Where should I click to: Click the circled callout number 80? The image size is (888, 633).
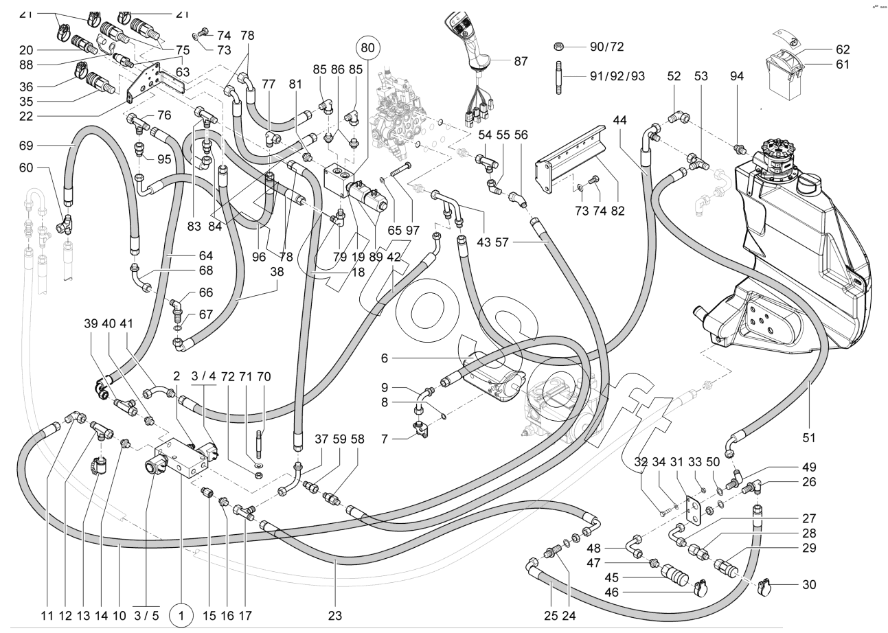(x=367, y=49)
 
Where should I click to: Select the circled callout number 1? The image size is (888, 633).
(x=181, y=616)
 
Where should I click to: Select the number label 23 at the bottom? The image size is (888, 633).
(x=335, y=616)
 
